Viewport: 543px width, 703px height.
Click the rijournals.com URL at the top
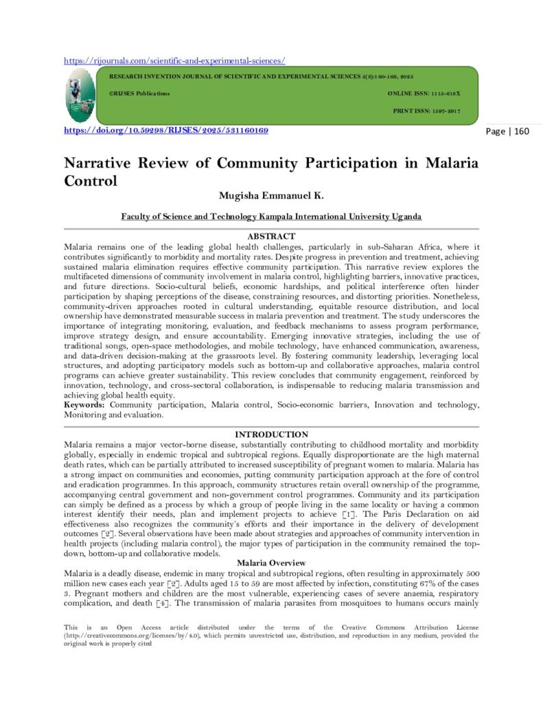point(174,60)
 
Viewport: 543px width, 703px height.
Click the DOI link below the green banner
point(165,130)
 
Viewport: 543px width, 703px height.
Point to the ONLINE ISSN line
point(424,93)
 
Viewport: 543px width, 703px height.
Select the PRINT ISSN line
point(426,111)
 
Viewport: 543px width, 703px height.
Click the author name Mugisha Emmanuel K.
point(270,196)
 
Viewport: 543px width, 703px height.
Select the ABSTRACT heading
point(270,235)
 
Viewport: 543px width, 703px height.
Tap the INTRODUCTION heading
point(271,435)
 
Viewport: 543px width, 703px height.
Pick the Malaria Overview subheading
point(271,563)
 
